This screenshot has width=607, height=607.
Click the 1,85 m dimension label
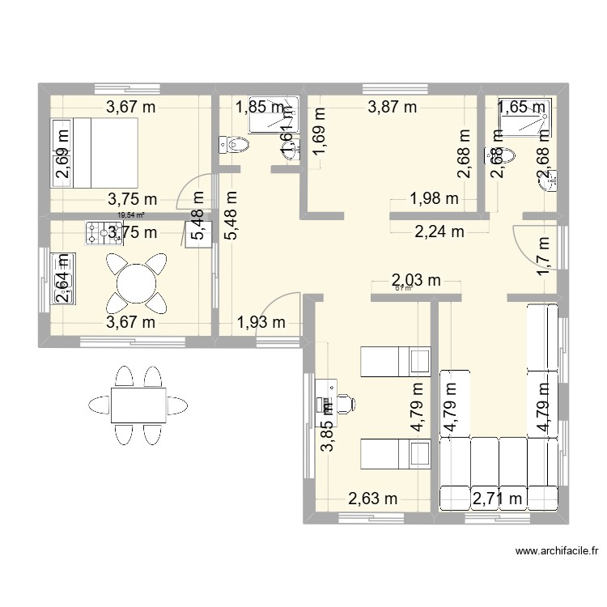(x=259, y=106)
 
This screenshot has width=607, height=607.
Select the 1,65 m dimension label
(x=522, y=106)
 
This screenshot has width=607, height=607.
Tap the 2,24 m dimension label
(x=439, y=232)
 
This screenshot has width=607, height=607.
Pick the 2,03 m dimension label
(x=416, y=281)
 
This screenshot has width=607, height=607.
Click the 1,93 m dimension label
(x=261, y=323)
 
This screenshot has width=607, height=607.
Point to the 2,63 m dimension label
(x=372, y=499)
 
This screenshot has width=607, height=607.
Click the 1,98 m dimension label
(x=434, y=197)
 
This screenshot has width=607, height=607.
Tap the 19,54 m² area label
(x=130, y=215)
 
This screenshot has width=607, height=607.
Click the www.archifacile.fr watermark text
(x=558, y=553)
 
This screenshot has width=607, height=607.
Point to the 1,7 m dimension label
(x=543, y=254)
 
